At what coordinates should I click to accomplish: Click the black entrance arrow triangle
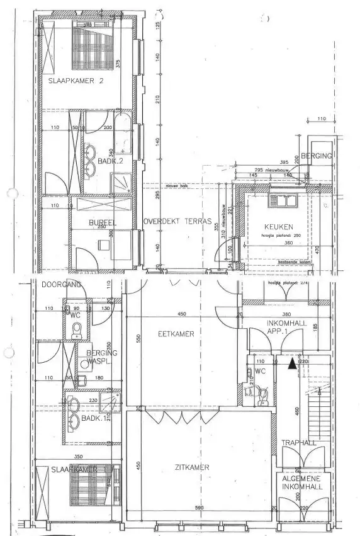[x=291, y=363]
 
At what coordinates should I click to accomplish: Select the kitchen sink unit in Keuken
[x=278, y=201]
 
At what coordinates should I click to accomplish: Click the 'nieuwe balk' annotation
[x=174, y=186]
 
